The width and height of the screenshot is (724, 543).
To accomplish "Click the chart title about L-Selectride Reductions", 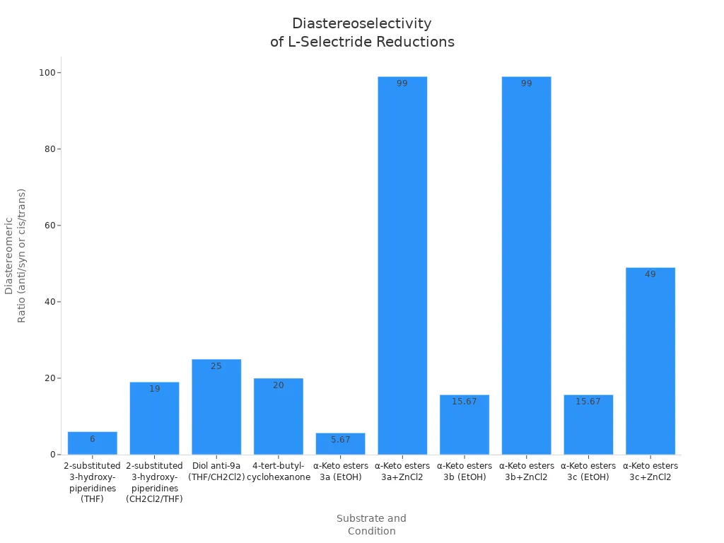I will coord(362,33).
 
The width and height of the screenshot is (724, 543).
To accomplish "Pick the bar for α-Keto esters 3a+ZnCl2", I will coord(402,265).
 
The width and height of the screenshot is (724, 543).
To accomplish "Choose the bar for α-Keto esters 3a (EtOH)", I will coord(340,443).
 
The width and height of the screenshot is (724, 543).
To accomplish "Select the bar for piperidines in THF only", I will coord(93,443).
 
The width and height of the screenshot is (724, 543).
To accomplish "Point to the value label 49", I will coord(650,274).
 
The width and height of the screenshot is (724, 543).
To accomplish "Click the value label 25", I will coord(216,366).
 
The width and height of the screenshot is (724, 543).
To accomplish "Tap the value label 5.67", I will coord(340,440).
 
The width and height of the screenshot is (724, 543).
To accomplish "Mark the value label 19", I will coord(154,389).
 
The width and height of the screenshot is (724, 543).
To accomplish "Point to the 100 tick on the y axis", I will coord(49,73).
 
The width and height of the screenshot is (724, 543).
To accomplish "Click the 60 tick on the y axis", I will coord(52,226).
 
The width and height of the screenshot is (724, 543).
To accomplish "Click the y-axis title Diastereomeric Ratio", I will coord(16,255).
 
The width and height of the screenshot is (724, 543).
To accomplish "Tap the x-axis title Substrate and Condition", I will coord(371,525).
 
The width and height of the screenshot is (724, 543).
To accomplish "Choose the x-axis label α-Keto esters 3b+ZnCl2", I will coord(526,472).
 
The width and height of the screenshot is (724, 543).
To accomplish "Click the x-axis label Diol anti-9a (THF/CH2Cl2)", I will coord(216,472).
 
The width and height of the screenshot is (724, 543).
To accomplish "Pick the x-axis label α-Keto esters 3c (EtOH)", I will coord(588,472).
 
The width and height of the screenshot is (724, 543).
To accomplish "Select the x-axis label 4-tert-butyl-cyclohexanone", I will coord(279,472).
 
